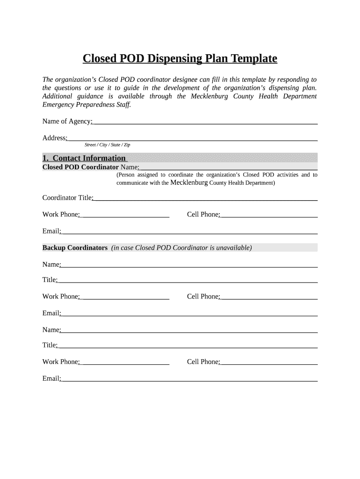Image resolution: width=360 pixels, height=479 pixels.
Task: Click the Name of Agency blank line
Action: (205, 122)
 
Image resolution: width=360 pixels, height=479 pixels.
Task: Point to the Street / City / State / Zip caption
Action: (107, 145)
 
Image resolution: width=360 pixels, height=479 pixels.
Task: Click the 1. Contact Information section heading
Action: (85, 158)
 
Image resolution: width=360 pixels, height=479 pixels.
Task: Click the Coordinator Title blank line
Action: (205, 198)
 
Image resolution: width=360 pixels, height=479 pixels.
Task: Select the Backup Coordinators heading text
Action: (75, 248)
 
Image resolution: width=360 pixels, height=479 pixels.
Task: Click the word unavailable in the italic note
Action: (231, 248)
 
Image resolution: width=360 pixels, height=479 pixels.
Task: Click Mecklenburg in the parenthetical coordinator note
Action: (189, 182)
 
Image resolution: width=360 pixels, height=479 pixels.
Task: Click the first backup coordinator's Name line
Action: (189, 265)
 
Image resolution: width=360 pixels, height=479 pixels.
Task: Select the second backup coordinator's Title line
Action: (187, 346)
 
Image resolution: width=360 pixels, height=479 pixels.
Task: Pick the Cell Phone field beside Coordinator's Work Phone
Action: (268, 215)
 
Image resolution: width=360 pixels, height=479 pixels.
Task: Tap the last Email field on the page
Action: (189, 379)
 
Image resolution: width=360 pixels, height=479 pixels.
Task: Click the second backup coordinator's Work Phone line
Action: (124, 363)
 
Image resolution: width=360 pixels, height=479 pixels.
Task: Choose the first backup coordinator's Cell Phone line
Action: (268, 297)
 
